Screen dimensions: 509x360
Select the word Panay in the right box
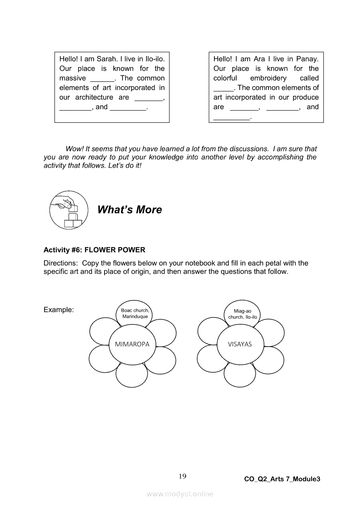pyautogui.click(x=308, y=59)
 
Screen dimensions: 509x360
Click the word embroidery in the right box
pyautogui.click(x=268, y=78)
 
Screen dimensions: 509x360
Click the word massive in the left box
pyautogui.click(x=72, y=78)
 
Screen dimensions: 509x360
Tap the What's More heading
pyautogui.click(x=129, y=210)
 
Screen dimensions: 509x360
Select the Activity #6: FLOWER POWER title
pyautogui.click(x=95, y=250)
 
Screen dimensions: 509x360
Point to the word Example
pyautogui.click(x=58, y=310)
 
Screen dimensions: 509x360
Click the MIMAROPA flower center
pyautogui.click(x=132, y=344)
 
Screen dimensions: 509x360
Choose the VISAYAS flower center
pyautogui.click(x=240, y=344)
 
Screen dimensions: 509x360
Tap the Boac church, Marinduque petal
pyautogui.click(x=135, y=313)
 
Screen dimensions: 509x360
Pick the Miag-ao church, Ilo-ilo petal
pyautogui.click(x=242, y=314)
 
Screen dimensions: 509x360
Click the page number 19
pyautogui.click(x=183, y=476)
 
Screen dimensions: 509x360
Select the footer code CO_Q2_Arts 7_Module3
pyautogui.click(x=282, y=479)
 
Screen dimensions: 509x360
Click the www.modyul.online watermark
pyautogui.click(x=180, y=494)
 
